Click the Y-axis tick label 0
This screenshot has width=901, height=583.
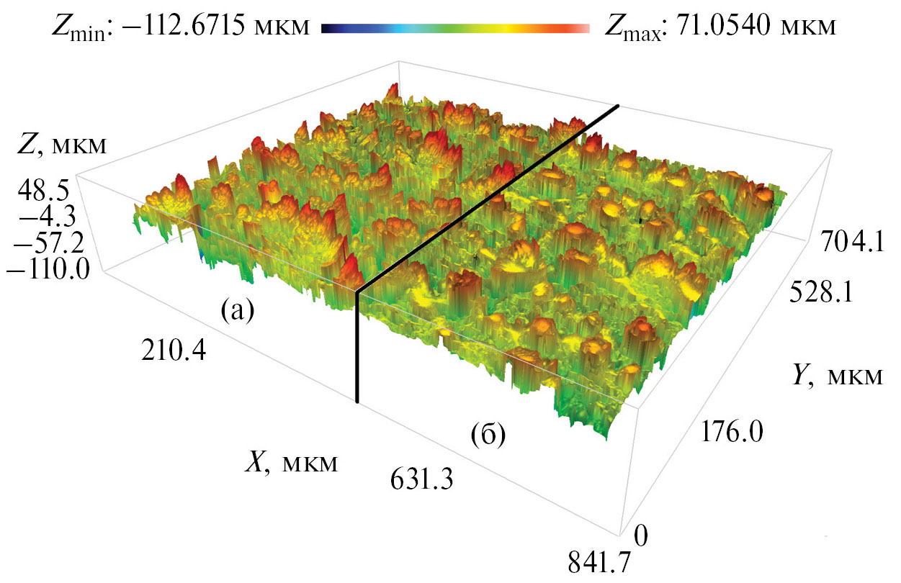coord(643,535)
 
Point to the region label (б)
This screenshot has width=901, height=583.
coord(487,435)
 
